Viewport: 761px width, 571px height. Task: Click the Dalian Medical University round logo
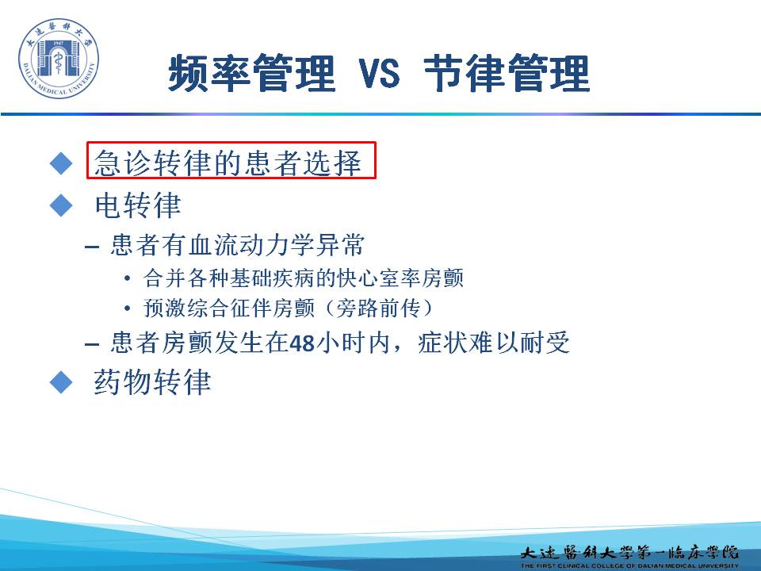click(58, 58)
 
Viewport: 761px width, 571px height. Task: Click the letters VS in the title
click(379, 74)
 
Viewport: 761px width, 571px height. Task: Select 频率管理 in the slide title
click(252, 73)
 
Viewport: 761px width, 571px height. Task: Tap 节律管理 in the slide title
click(507, 73)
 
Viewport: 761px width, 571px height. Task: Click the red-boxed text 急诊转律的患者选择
click(228, 162)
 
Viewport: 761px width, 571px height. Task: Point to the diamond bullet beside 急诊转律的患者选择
click(61, 163)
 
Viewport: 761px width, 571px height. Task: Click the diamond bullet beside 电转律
click(61, 205)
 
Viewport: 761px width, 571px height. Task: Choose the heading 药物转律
click(152, 381)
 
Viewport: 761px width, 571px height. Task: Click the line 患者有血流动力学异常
click(237, 245)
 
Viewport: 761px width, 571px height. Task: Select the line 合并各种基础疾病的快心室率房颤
click(304, 278)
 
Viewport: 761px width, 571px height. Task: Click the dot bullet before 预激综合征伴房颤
click(127, 308)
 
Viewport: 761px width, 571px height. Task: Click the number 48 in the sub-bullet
click(302, 343)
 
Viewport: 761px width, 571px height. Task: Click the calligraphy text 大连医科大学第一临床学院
click(629, 552)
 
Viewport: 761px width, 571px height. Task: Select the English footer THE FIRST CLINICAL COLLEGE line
click(629, 565)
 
